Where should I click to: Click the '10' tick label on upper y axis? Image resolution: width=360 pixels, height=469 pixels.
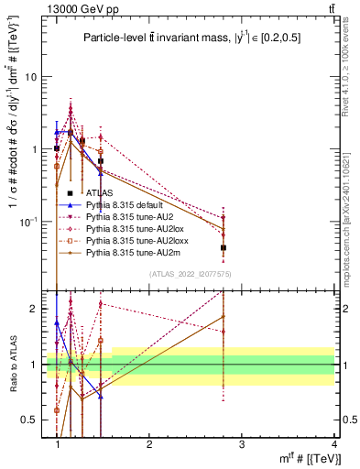[33, 77]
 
